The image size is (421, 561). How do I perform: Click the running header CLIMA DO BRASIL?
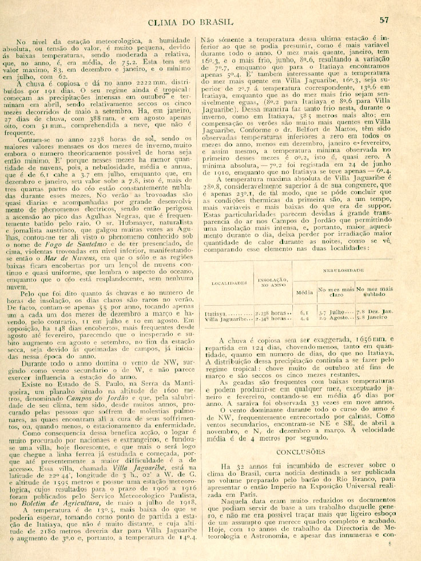(x=190, y=22)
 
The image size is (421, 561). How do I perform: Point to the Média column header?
(x=303, y=293)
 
